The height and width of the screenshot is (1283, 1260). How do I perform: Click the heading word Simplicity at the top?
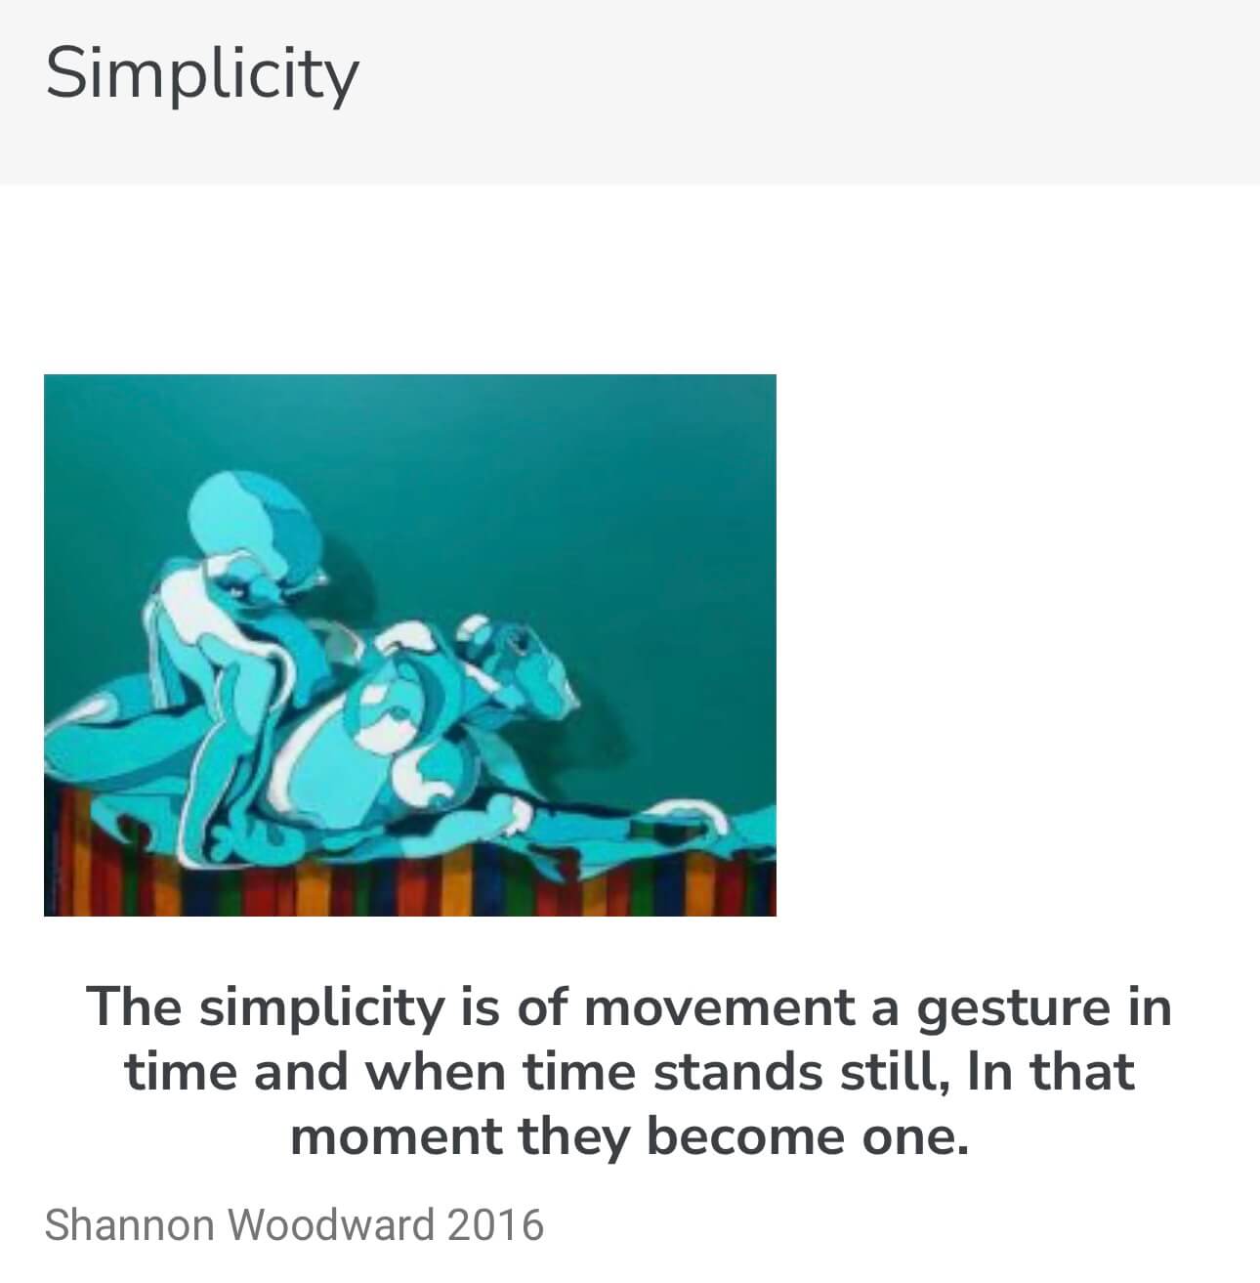(202, 73)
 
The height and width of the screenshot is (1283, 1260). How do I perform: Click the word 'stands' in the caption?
(738, 1072)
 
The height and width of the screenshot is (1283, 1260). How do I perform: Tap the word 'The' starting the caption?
(134, 1006)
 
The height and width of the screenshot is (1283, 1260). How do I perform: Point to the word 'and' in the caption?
(301, 1072)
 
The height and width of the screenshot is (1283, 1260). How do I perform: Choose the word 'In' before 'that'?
(989, 1072)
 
